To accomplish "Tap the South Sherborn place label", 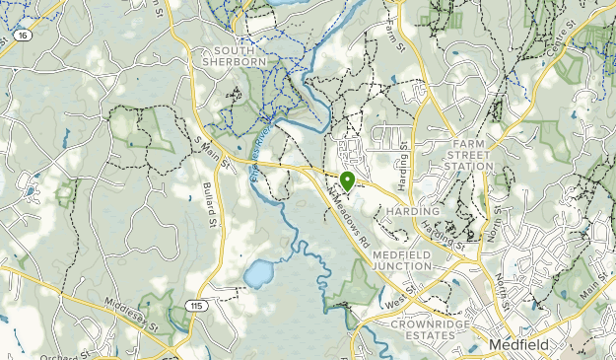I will [234, 55].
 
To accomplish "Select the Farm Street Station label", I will [468, 155].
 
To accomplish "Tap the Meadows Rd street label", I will [348, 220].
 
